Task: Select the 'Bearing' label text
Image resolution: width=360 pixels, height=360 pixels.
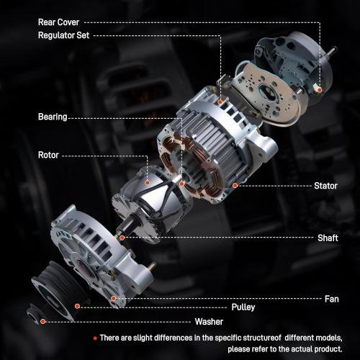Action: pyautogui.click(x=53, y=116)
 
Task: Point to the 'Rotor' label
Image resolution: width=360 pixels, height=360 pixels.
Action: pyautogui.click(x=48, y=154)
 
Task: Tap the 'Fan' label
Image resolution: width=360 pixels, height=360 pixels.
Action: pyautogui.click(x=332, y=297)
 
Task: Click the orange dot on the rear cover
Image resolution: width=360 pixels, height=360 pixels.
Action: pyautogui.click(x=318, y=90)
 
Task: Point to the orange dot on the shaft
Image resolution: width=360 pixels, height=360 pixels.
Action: pyautogui.click(x=122, y=237)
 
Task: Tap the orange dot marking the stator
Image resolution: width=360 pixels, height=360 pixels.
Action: pyautogui.click(x=235, y=186)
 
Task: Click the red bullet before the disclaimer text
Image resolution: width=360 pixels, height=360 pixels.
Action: pyautogui.click(x=94, y=338)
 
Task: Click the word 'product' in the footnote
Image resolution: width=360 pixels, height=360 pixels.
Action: pyautogui.click(x=322, y=348)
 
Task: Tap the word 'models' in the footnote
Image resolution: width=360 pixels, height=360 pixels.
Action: pyautogui.click(x=326, y=338)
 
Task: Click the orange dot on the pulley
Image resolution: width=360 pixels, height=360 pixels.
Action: pyautogui.click(x=76, y=307)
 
